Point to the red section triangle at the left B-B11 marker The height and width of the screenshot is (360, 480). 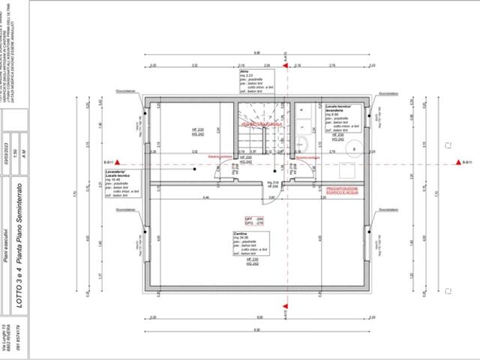[117, 162]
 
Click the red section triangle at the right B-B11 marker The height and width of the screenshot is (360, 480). [455, 162]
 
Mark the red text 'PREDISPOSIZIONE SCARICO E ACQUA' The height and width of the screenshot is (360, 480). [343, 191]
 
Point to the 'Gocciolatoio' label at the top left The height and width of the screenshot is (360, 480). [125, 93]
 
